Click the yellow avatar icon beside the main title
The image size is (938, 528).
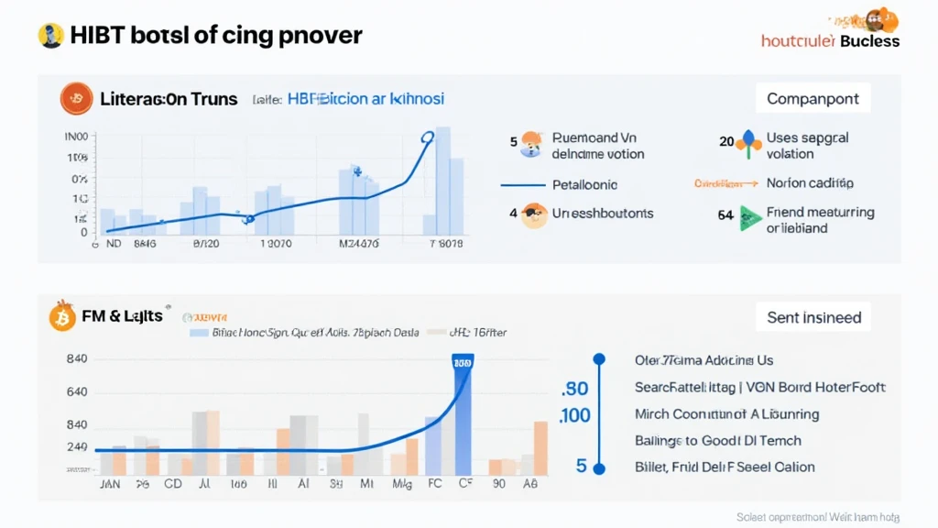click(x=50, y=36)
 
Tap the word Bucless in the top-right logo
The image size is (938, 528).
click(x=869, y=41)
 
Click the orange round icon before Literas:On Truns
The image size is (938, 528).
click(x=76, y=99)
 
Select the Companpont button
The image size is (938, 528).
click(x=813, y=98)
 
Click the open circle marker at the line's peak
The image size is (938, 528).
click(x=427, y=137)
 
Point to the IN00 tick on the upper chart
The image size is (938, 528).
click(x=76, y=137)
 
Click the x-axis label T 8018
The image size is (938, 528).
click(x=446, y=244)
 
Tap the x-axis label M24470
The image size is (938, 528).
click(x=359, y=244)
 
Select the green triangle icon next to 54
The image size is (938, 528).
click(x=751, y=217)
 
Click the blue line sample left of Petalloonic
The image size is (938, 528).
click(x=523, y=184)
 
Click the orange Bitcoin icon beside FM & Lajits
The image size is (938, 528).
click(x=60, y=317)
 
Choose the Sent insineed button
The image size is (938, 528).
click(x=813, y=318)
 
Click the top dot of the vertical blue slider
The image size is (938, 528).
click(x=599, y=359)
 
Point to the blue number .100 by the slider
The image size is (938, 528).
click(x=574, y=415)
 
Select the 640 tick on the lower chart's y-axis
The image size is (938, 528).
click(x=77, y=392)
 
